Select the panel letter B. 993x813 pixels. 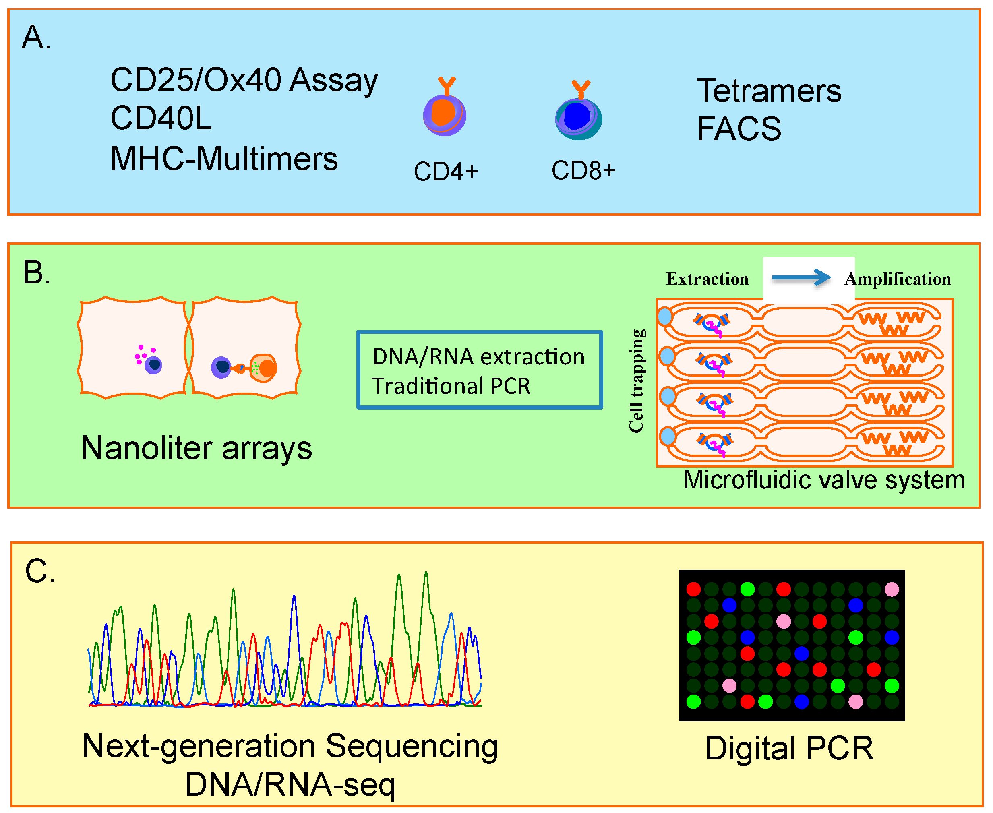pos(36,273)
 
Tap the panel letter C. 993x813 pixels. pos(40,572)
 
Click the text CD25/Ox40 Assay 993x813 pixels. pos(244,81)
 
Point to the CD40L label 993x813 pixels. pos(161,118)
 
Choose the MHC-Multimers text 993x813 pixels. pos(223,159)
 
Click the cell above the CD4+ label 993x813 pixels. pos(444,114)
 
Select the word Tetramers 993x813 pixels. pos(769,91)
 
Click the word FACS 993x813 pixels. pos(739,129)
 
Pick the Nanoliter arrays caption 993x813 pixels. pos(196,448)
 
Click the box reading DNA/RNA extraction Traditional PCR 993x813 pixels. pos(479,370)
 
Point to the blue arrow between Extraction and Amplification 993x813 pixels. pos(801,278)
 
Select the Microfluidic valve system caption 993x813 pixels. pos(824,480)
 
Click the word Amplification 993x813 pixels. pos(898,279)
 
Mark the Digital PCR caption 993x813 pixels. pos(789,749)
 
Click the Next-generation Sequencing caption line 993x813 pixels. pos(290,746)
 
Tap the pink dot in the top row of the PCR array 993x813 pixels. pos(892,589)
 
